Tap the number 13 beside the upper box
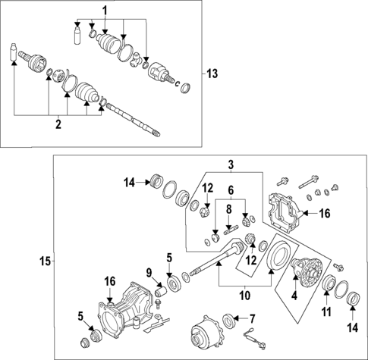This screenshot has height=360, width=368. (212, 73)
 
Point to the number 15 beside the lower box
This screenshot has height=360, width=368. (45, 261)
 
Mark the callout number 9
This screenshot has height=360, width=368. (149, 273)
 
